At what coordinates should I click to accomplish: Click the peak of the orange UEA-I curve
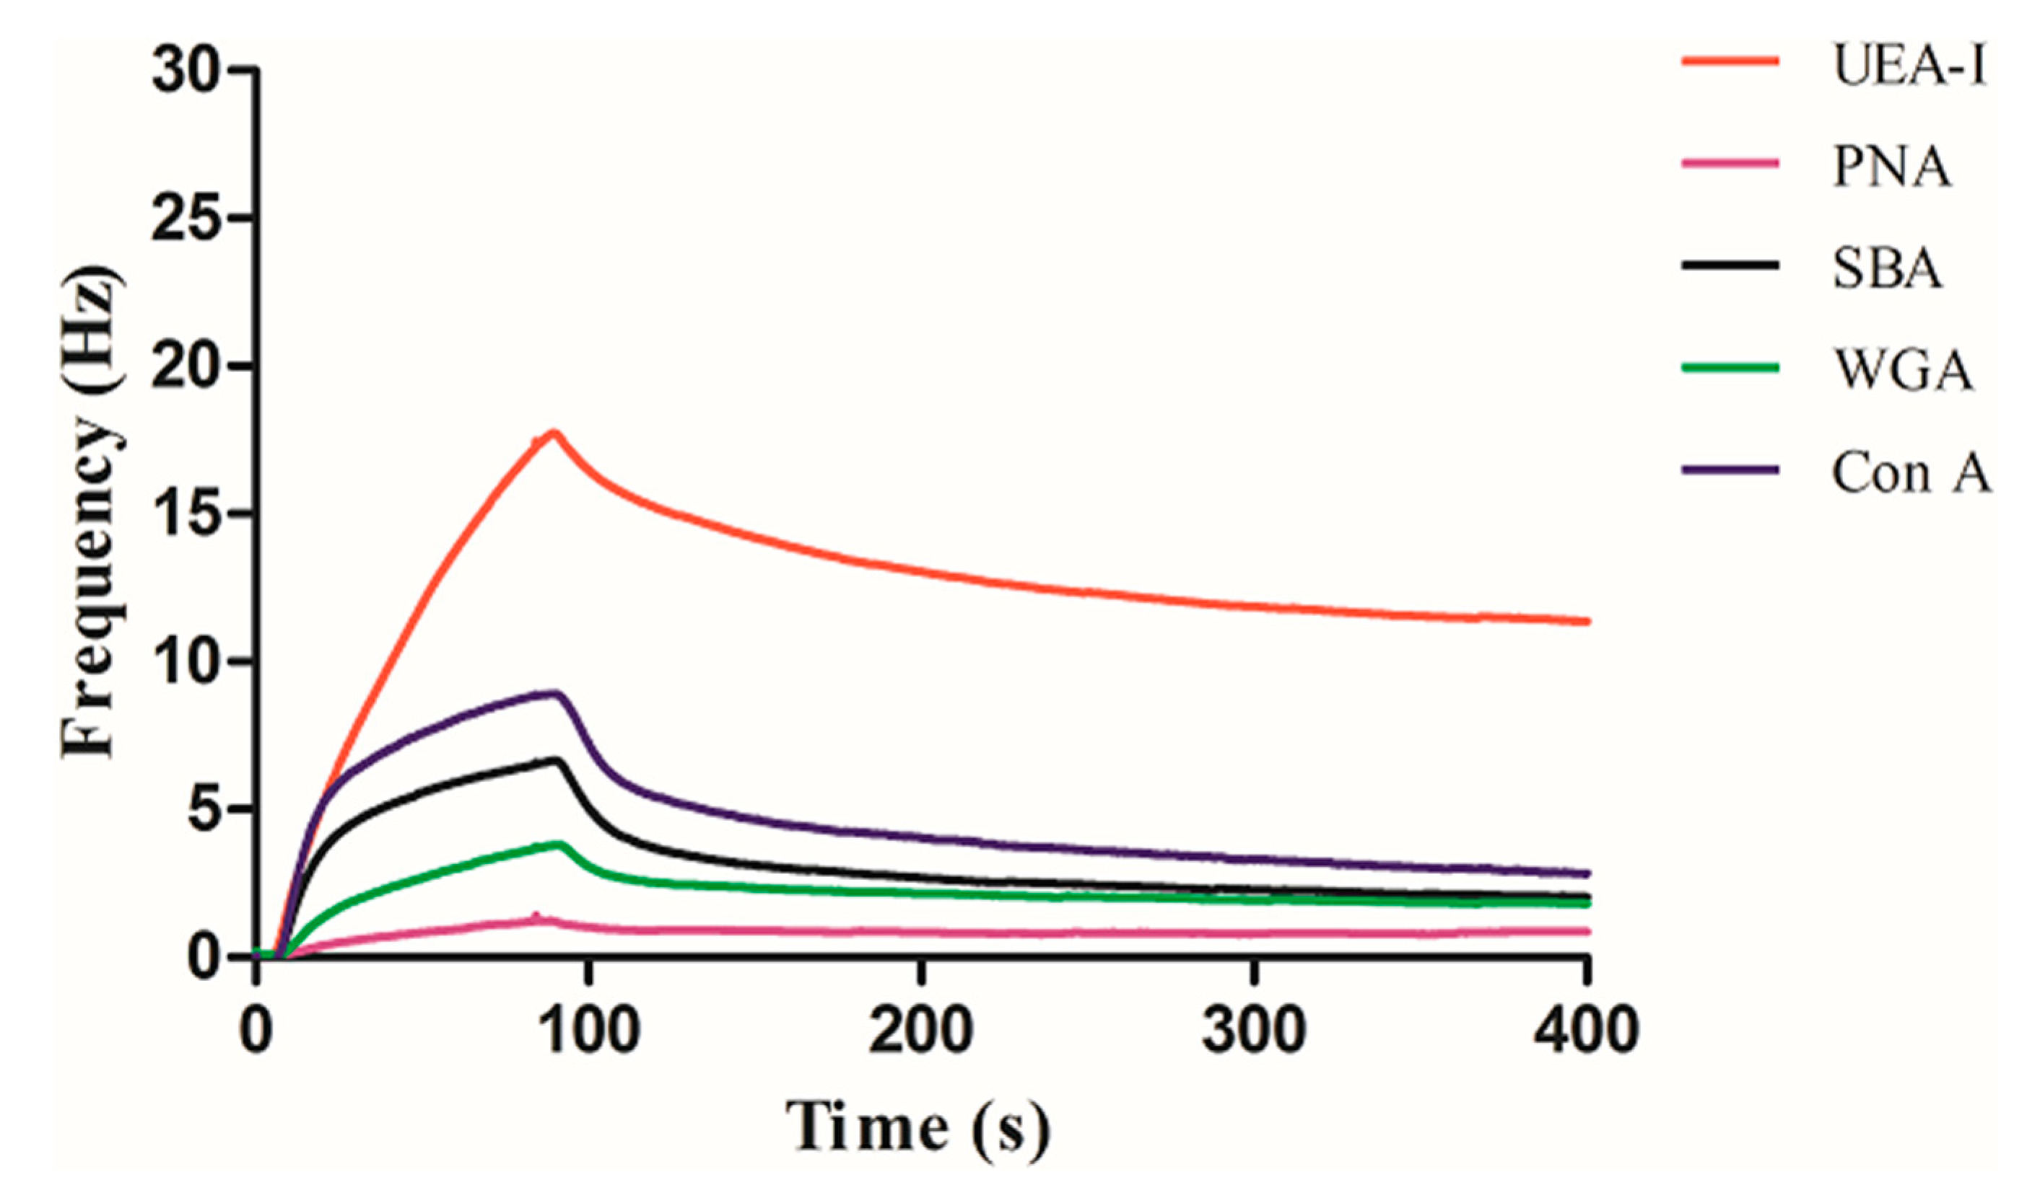554,433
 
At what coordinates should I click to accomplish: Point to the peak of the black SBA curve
556,759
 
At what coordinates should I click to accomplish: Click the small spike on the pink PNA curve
536,915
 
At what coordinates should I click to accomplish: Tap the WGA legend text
1901,370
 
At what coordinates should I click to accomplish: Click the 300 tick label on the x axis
1253,1031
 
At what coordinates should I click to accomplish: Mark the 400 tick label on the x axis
1585,1031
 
